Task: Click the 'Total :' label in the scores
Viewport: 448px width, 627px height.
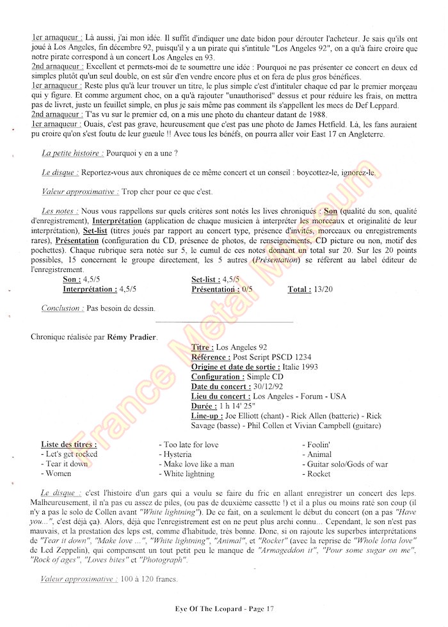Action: [x=300, y=289]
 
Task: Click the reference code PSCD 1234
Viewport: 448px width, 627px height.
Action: [x=291, y=357]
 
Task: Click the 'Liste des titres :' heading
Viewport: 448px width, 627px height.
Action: [x=68, y=444]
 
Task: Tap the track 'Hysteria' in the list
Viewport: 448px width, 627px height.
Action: [x=182, y=454]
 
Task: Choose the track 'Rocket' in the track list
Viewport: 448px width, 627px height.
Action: [x=319, y=474]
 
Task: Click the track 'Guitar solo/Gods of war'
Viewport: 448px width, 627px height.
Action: [x=347, y=464]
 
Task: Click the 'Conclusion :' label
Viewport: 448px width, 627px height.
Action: [x=61, y=308]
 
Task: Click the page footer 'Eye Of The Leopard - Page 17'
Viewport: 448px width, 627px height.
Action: [x=224, y=608]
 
